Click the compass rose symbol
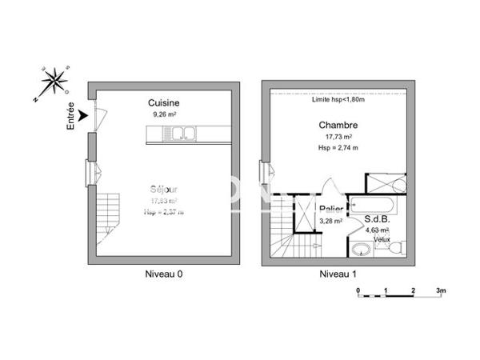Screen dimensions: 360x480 (54, 82)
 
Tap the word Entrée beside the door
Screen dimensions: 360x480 (71, 116)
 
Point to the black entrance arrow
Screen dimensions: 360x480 (83, 116)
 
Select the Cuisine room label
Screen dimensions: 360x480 (163, 103)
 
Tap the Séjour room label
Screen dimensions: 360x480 (163, 190)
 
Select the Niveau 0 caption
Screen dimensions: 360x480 (163, 274)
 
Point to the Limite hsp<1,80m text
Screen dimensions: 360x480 (338, 100)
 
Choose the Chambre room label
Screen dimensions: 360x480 (338, 125)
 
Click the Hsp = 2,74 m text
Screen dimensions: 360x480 (338, 148)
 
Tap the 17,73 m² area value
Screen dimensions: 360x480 (338, 137)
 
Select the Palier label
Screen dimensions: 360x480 (331, 210)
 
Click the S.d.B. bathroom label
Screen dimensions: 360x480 (376, 218)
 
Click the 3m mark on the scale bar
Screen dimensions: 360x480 (440, 289)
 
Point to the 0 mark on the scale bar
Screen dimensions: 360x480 (358, 289)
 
